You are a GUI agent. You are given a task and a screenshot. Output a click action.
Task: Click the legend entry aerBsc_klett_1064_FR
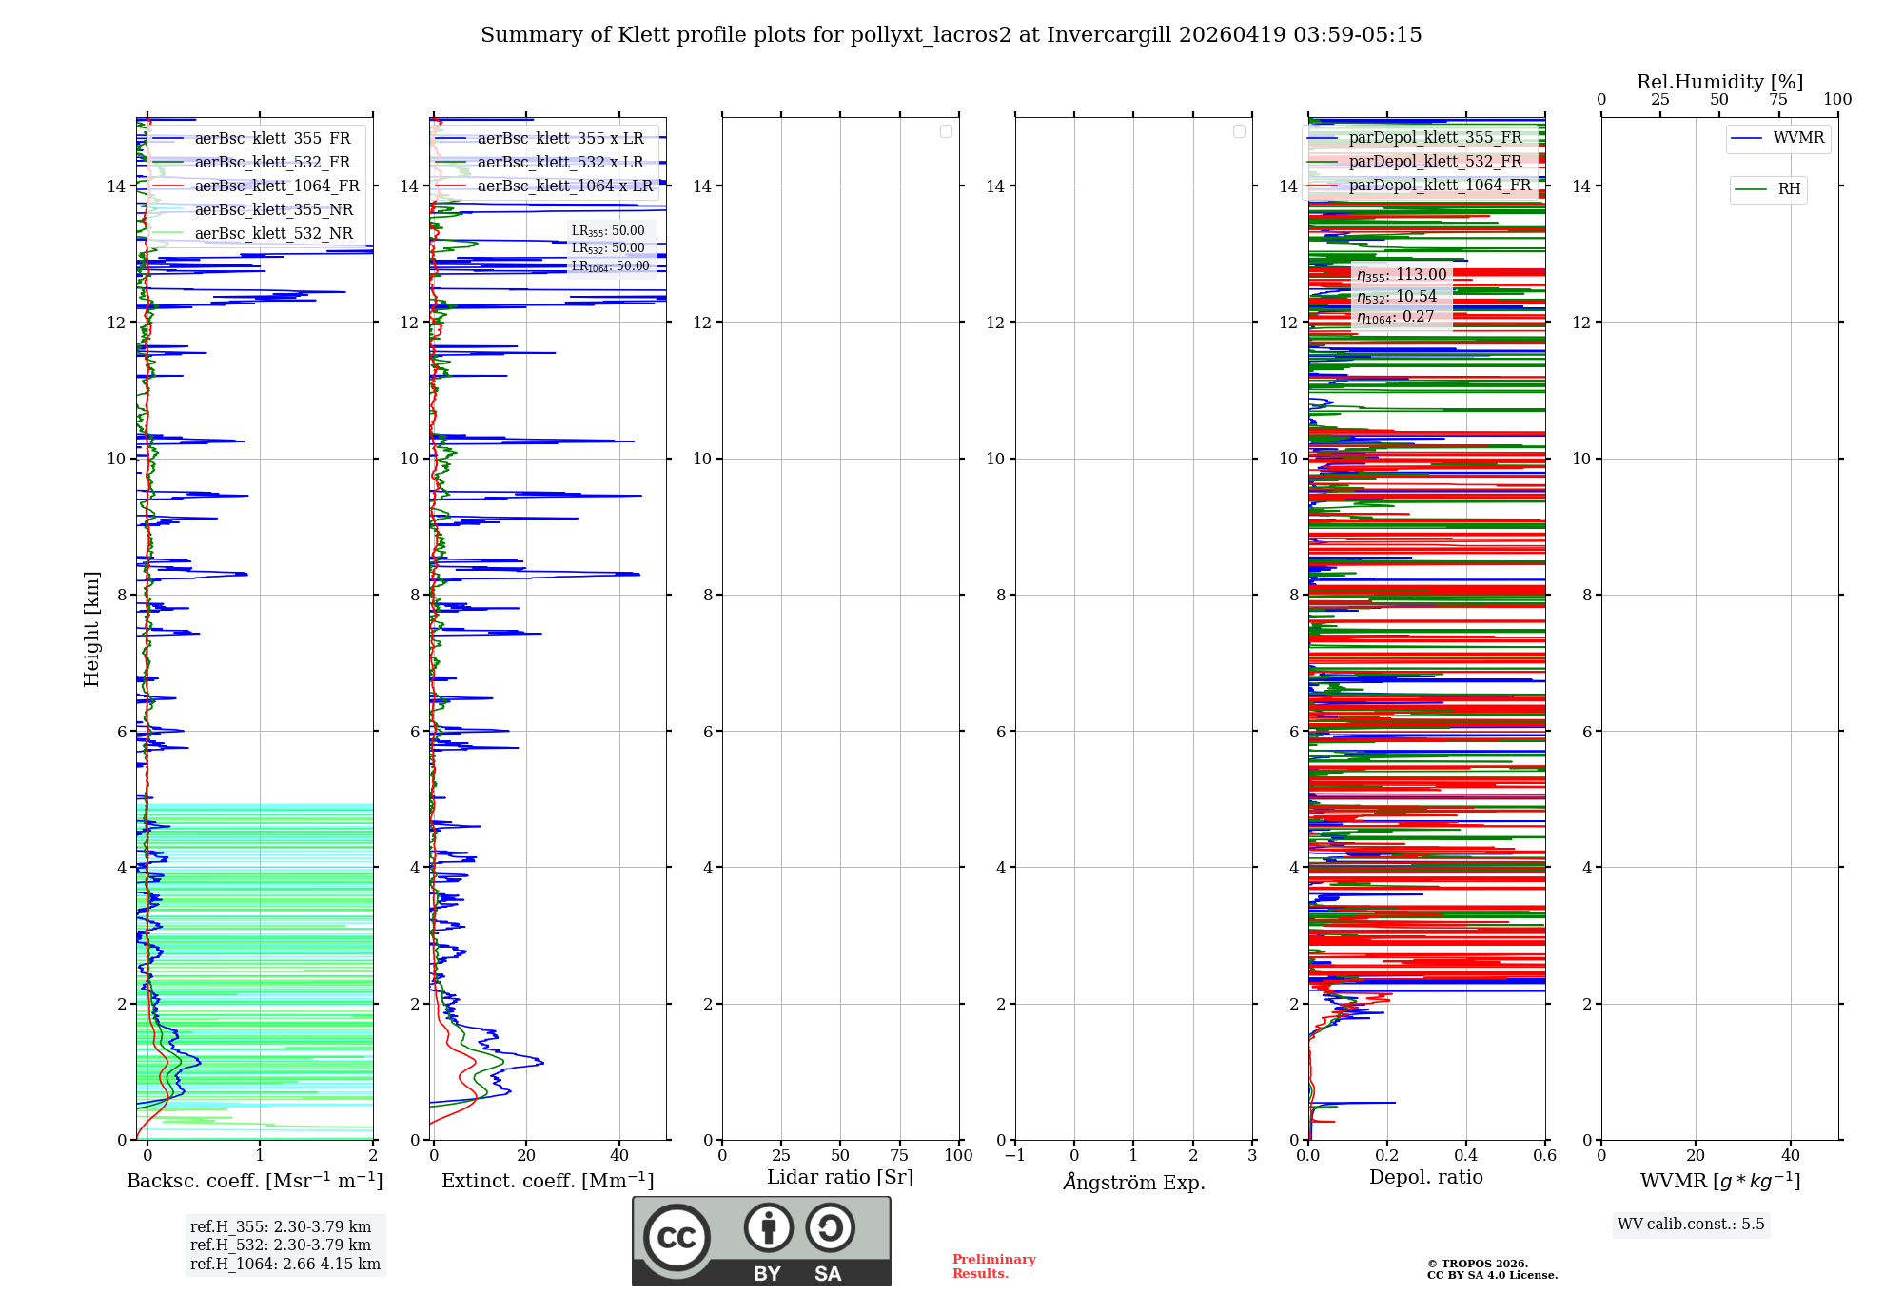[x=276, y=186]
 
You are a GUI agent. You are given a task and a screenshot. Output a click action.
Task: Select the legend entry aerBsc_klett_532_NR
[x=273, y=234]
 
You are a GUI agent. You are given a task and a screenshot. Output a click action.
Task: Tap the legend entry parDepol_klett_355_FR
[x=1435, y=138]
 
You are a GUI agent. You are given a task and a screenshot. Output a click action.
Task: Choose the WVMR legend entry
[x=1798, y=138]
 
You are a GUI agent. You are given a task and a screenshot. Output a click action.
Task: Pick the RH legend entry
[x=1789, y=189]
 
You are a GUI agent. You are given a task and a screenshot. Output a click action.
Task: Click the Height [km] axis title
[x=91, y=629]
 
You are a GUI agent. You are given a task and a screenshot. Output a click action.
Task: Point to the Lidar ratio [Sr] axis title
[x=840, y=1178]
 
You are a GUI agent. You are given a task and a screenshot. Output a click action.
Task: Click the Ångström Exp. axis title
[x=1134, y=1183]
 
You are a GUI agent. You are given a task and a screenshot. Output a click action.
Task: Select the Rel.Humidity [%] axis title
[x=1719, y=82]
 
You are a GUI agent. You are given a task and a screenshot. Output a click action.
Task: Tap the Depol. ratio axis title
[x=1425, y=1178]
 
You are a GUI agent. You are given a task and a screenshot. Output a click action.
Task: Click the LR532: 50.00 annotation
[x=608, y=248]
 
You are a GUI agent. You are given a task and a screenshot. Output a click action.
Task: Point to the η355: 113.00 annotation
[x=1402, y=275]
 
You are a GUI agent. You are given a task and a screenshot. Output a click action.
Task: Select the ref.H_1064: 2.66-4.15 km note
[x=284, y=1265]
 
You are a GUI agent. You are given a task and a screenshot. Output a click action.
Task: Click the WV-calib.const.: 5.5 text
[x=1691, y=1225]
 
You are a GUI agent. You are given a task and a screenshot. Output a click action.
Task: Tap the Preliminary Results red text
[x=993, y=1266]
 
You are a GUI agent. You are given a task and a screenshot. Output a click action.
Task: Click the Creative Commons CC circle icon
[x=677, y=1238]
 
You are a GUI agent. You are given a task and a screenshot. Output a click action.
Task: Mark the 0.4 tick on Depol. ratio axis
[x=1466, y=1156]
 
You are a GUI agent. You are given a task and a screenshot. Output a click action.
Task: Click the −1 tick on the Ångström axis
[x=1014, y=1156]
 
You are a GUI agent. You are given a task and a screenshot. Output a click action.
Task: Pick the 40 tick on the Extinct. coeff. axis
[x=619, y=1156]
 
